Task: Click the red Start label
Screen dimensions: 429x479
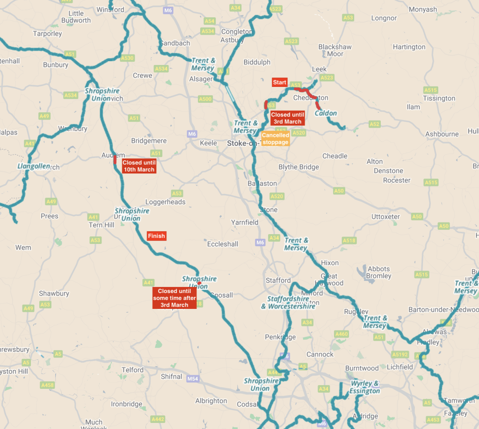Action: point(279,82)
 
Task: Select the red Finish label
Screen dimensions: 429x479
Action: point(156,236)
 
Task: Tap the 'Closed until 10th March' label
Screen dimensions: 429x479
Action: point(139,166)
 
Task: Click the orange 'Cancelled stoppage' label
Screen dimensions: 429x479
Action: point(275,139)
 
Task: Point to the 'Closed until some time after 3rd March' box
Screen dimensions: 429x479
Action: point(174,298)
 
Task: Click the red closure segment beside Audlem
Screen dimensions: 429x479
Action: point(115,160)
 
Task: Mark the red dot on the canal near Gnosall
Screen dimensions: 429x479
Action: point(199,283)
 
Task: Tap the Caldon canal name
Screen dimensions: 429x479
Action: point(326,114)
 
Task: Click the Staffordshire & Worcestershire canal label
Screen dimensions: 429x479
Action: point(288,302)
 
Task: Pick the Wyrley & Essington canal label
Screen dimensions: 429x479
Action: point(365,387)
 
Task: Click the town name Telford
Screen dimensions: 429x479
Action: point(132,370)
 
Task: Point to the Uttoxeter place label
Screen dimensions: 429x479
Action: point(385,217)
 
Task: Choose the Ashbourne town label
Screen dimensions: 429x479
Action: point(442,134)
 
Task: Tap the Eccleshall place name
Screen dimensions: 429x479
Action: point(223,244)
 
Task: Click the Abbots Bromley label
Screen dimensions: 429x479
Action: point(378,272)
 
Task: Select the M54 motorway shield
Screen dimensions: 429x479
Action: point(193,378)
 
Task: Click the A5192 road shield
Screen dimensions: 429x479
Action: point(400,354)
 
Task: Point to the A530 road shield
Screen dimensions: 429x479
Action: point(127,58)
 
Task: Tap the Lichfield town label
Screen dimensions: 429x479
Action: point(400,367)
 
